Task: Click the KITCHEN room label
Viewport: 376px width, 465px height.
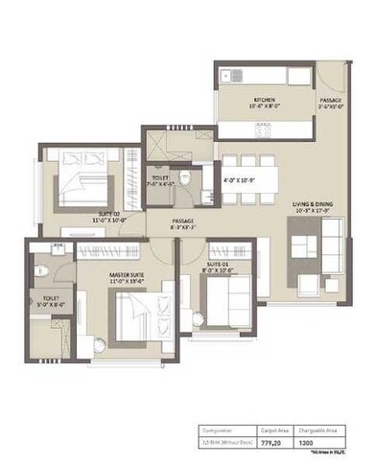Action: click(x=265, y=100)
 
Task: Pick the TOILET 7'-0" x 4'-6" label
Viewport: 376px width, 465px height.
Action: click(x=159, y=179)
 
